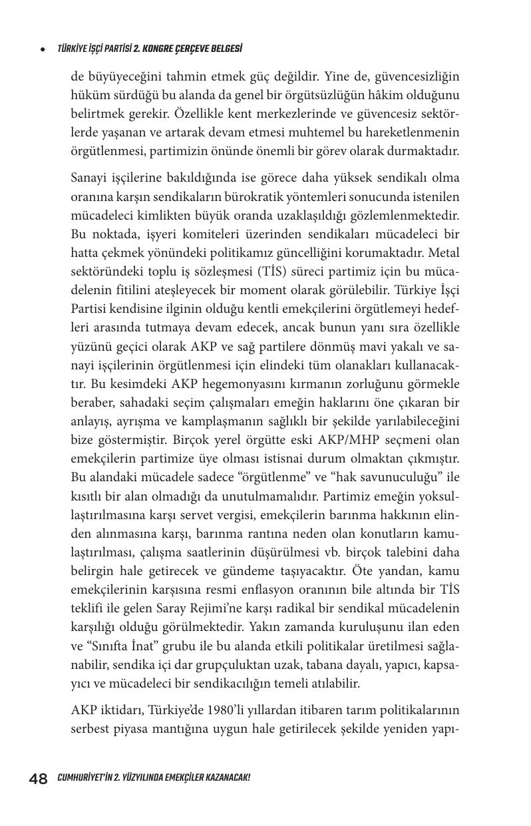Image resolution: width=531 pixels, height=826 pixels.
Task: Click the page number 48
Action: pos(38,778)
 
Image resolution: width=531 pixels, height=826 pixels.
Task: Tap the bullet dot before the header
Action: pos(43,49)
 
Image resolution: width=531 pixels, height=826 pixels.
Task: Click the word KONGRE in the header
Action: pos(163,49)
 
